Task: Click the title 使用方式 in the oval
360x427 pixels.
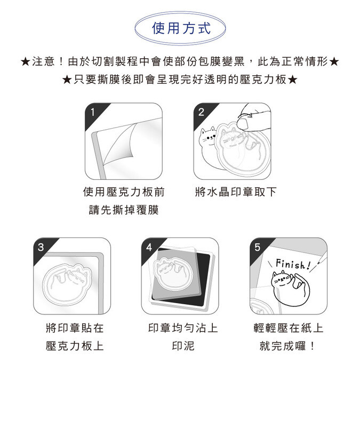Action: point(181,28)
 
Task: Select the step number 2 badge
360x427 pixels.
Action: point(202,112)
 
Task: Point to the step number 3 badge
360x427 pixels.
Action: point(41,247)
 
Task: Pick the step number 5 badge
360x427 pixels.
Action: point(257,247)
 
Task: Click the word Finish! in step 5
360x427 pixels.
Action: point(293,264)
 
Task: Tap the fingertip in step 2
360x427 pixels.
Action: point(243,123)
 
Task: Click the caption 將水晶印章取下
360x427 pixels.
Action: point(236,192)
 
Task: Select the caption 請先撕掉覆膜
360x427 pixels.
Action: point(124,210)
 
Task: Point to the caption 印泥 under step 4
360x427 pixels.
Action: point(183,346)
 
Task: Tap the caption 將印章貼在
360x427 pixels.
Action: point(75,328)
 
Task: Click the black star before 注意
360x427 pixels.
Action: point(25,62)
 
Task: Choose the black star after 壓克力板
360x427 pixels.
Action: point(292,80)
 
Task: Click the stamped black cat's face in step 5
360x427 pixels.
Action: point(281,279)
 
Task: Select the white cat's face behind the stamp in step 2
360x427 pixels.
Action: point(208,137)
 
